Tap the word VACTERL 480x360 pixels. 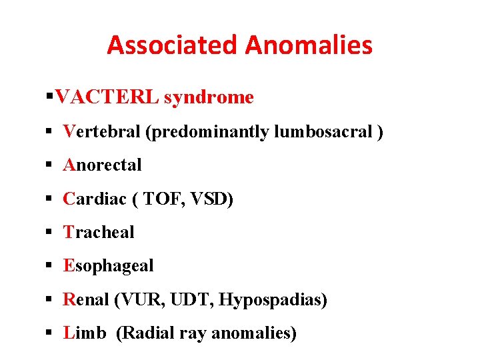[x=107, y=97]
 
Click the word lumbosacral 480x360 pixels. [x=323, y=131]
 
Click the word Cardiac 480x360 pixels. [x=93, y=199]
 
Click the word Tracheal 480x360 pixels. [x=99, y=232]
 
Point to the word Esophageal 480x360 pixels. [x=108, y=265]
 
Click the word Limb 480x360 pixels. [x=84, y=333]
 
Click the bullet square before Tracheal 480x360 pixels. [x=50, y=233]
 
